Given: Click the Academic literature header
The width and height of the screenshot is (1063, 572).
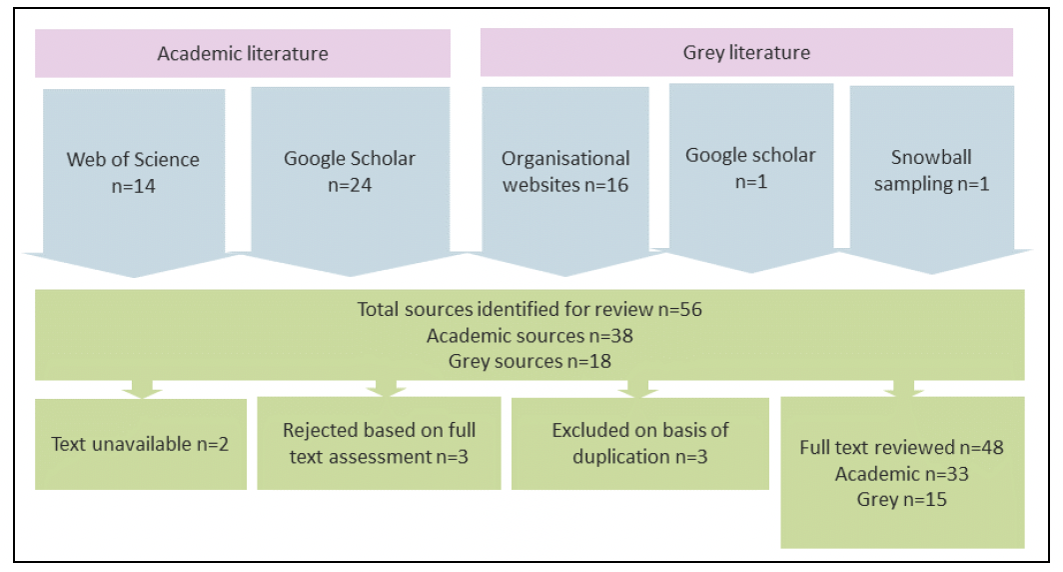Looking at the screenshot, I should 243,54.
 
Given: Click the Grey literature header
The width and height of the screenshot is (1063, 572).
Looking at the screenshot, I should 746,52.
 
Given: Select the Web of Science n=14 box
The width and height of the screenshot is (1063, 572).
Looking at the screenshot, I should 133,172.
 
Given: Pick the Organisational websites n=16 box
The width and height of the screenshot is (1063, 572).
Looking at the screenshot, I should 565,171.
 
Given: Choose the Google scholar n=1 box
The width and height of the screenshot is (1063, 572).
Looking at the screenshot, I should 750,167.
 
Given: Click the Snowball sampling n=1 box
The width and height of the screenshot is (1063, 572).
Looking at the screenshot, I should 930,170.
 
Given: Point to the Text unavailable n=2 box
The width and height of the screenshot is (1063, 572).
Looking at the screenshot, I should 141,443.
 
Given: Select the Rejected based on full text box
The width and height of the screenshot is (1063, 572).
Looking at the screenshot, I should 379,443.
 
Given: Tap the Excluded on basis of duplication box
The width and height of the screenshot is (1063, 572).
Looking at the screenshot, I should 640,443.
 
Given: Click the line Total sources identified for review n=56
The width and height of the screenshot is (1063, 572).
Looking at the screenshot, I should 530,310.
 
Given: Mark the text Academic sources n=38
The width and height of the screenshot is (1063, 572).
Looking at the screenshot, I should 530,335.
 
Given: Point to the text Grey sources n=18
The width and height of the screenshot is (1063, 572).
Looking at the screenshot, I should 530,360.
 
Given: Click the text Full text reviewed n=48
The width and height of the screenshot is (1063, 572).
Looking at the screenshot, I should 901,448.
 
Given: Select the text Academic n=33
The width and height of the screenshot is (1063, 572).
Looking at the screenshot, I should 901,473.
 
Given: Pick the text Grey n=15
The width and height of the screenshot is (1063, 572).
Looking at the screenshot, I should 901,498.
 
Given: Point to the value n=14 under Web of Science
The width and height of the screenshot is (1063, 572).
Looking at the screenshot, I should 133,185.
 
